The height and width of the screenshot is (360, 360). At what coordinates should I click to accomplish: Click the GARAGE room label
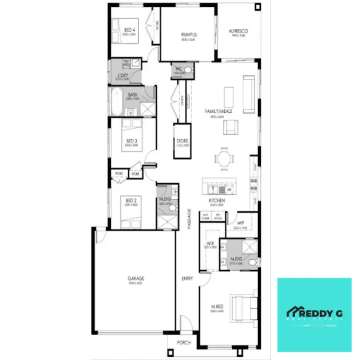(x=136, y=278)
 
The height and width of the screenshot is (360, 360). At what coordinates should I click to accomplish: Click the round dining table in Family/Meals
(x=225, y=158)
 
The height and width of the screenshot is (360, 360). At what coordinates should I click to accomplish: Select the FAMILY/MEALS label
(x=219, y=111)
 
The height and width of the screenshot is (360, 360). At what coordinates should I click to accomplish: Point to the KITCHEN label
(x=216, y=200)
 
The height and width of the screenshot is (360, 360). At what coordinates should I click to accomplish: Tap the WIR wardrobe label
(x=210, y=243)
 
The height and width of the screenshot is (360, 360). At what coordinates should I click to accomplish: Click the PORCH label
(x=184, y=343)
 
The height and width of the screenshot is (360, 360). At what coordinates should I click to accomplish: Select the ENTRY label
(x=187, y=278)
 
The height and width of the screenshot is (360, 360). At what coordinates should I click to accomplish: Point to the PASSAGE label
(x=189, y=219)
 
